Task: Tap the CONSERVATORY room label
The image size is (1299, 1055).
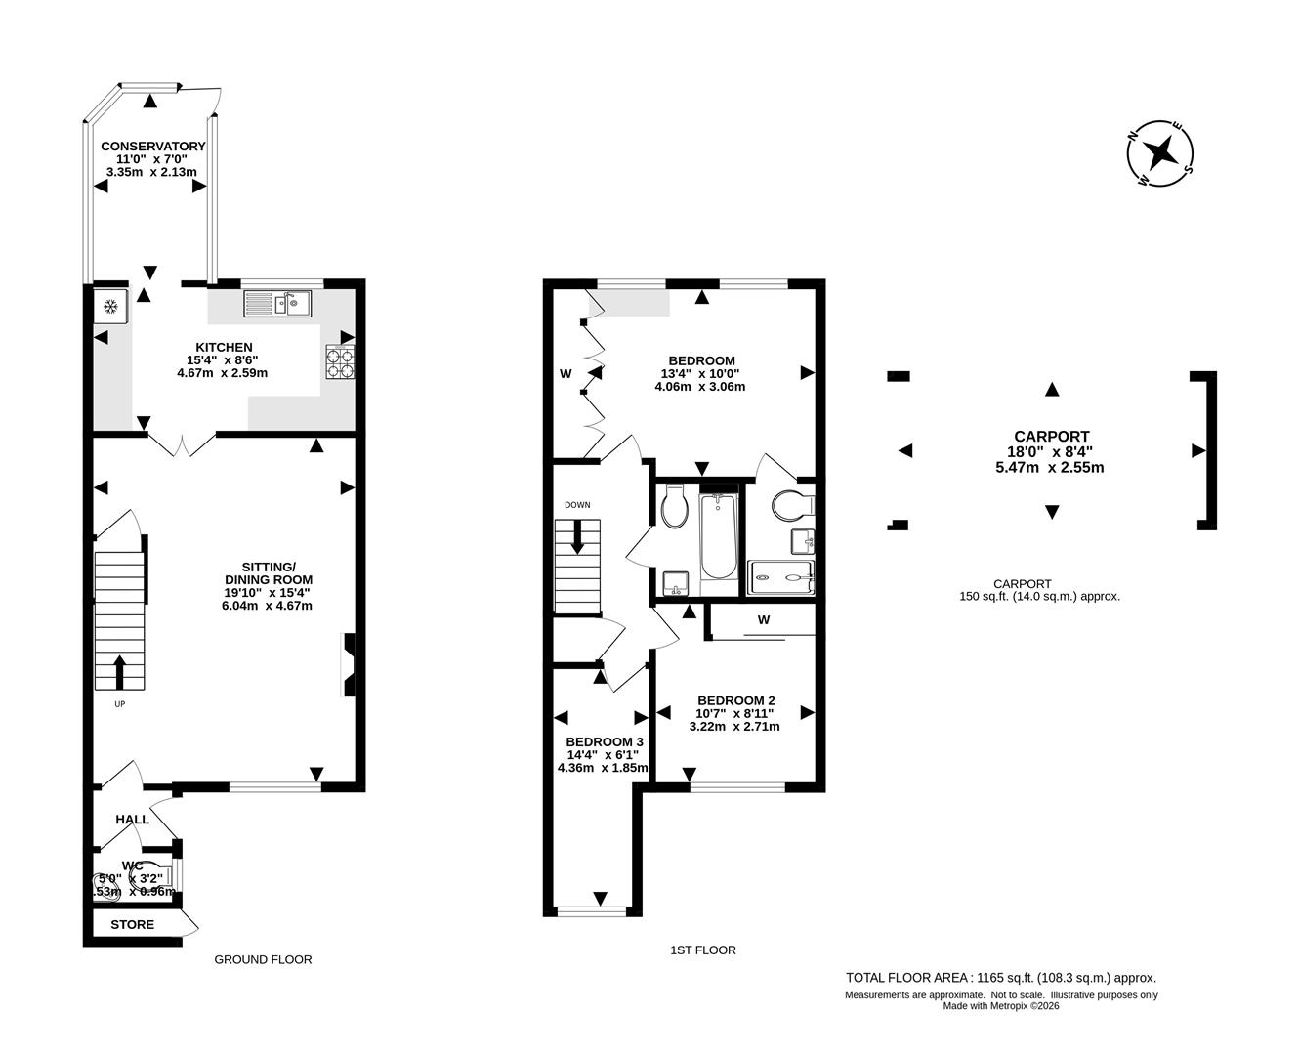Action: (x=153, y=147)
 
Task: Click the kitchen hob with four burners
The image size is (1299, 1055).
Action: (x=339, y=362)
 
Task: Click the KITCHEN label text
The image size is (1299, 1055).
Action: (x=224, y=347)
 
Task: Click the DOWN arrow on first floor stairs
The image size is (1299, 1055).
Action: (x=577, y=535)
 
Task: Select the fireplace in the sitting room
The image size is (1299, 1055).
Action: (x=348, y=665)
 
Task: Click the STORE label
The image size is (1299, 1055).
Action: (x=132, y=924)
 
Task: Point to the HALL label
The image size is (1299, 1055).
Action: (x=133, y=819)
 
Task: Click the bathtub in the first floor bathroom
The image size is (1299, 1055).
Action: (x=719, y=538)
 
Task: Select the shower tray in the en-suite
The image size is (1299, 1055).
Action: (x=780, y=577)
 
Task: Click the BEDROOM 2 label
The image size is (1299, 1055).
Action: (x=735, y=700)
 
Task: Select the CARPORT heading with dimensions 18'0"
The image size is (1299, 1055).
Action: (x=1051, y=437)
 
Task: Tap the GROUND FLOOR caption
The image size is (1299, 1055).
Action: (x=263, y=959)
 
